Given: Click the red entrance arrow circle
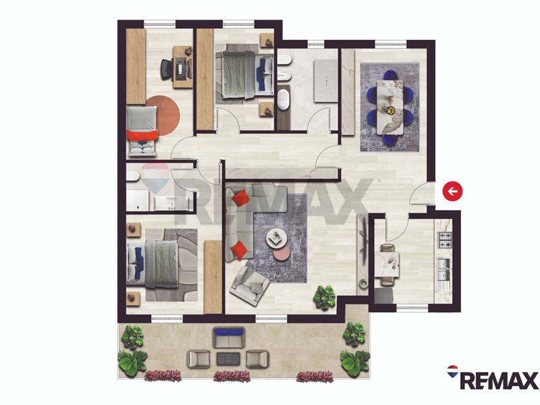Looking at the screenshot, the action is click(452, 191).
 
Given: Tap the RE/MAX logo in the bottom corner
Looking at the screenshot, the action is click(493, 378).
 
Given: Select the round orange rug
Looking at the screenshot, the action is click(163, 115).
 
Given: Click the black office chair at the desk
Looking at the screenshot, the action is click(167, 69).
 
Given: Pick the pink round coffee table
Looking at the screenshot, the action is click(282, 254).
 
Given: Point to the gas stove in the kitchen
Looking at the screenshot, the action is click(444, 240).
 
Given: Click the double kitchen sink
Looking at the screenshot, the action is click(444, 269).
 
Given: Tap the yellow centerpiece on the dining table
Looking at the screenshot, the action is click(391, 110).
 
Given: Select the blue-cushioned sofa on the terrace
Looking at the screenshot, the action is click(229, 338).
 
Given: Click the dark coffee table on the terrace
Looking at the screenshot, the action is click(228, 359).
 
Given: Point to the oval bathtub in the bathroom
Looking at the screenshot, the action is click(283, 99).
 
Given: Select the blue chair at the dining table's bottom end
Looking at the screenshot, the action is click(390, 140).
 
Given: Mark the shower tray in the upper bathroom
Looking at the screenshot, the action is click(325, 81).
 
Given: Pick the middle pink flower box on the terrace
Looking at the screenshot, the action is click(232, 376).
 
